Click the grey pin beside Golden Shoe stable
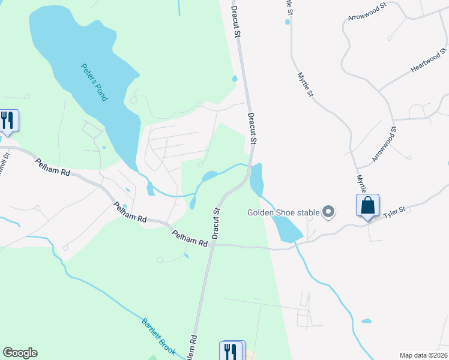(328, 211)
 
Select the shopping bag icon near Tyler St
(367, 206)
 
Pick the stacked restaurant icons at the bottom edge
(231, 351)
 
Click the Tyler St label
(395, 211)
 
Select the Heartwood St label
(429, 61)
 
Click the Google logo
(20, 353)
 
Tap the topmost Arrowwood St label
(367, 11)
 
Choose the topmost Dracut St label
(237, 21)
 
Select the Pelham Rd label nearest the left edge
(52, 167)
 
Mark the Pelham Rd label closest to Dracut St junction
(189, 238)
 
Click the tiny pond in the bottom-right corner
(366, 321)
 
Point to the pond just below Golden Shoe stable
(287, 229)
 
